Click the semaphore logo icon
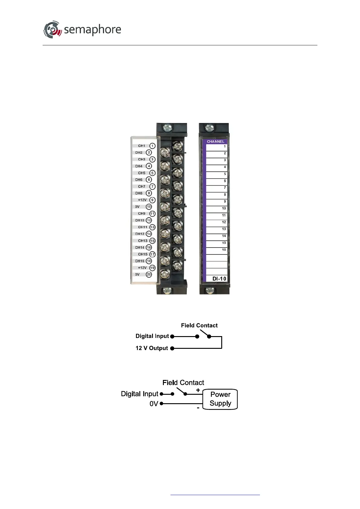(x=53, y=30)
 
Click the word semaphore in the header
(x=92, y=30)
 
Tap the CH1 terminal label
(x=141, y=146)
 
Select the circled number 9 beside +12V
(x=152, y=200)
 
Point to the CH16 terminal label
(x=140, y=261)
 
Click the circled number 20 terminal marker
(x=149, y=274)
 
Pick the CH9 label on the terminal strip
(x=141, y=213)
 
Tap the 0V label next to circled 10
(x=137, y=207)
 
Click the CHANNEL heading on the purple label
(x=216, y=141)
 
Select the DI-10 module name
(x=219, y=279)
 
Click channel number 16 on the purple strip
(x=224, y=250)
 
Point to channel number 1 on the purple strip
(x=225, y=147)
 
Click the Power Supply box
(x=220, y=399)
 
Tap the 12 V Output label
(x=152, y=348)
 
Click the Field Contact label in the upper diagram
(x=199, y=326)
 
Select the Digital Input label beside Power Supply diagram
(x=139, y=394)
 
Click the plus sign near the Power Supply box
(x=198, y=390)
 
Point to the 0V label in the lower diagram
(x=154, y=404)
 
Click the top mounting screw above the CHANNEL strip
(x=209, y=128)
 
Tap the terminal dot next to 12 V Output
(x=172, y=349)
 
